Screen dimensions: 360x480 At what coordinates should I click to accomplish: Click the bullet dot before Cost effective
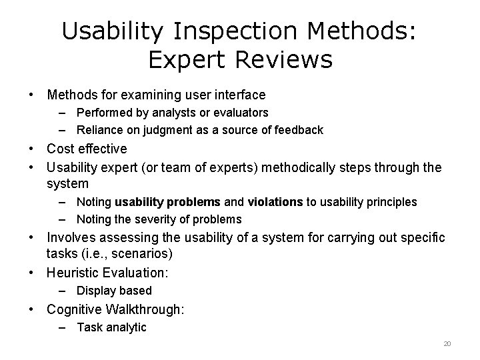pyautogui.click(x=32, y=149)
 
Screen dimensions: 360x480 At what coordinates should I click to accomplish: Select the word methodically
pyautogui.click(x=303, y=167)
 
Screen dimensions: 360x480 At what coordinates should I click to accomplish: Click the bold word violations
pyautogui.click(x=275, y=202)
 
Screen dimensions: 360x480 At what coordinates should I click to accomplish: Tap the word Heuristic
pyautogui.click(x=75, y=273)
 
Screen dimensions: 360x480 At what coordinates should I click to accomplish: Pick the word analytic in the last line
pyautogui.click(x=126, y=327)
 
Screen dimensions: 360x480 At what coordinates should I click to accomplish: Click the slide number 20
pyautogui.click(x=447, y=343)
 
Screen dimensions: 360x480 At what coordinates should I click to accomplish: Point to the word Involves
pyautogui.click(x=71, y=238)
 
